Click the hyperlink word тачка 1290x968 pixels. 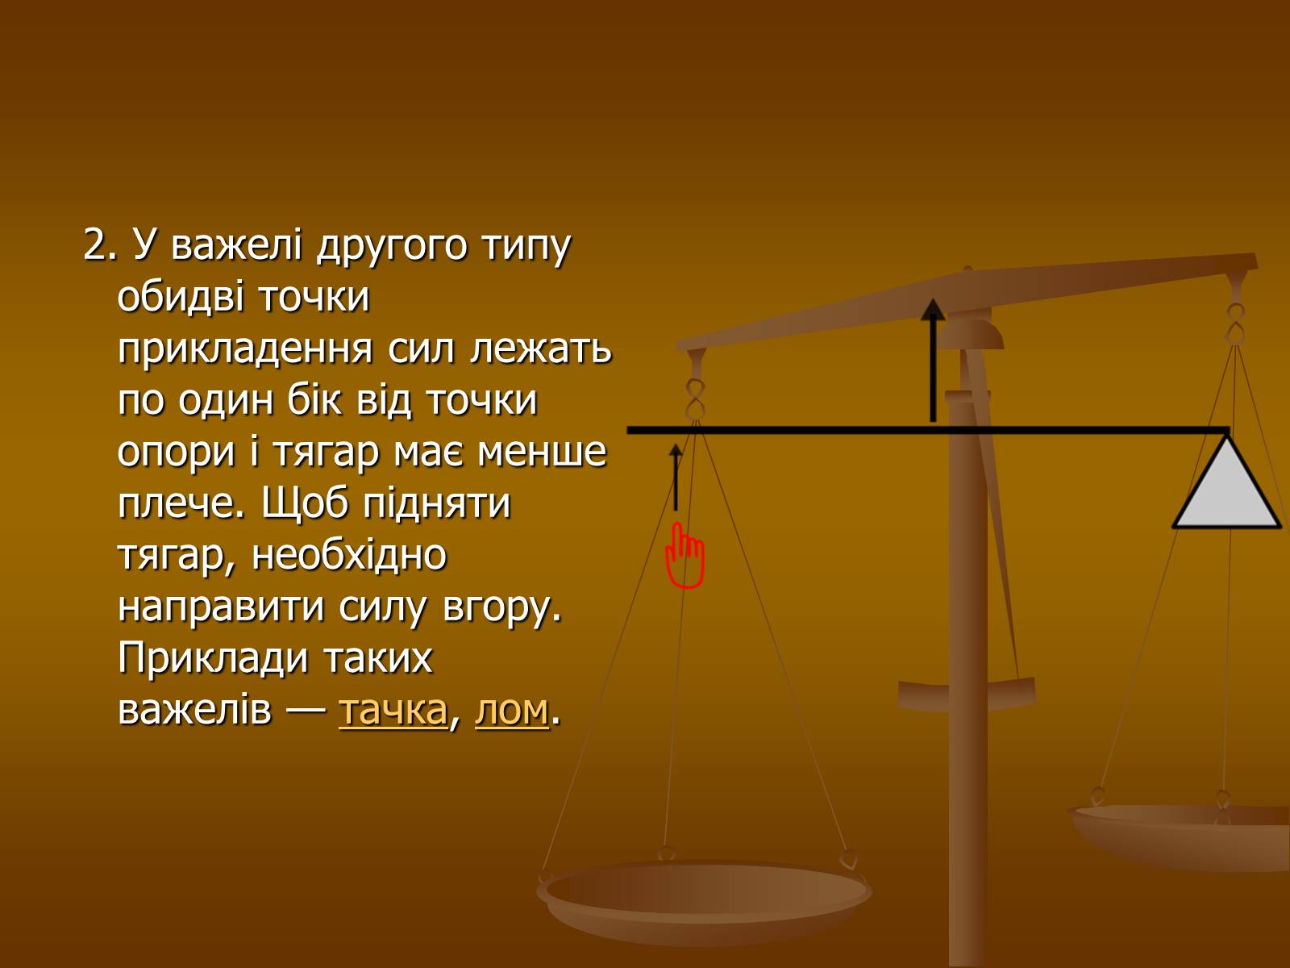[x=393, y=710]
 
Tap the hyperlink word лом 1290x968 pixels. [x=512, y=710]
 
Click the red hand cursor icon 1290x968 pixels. [x=685, y=556]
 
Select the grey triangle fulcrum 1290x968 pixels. [x=1227, y=482]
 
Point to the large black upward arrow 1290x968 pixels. [x=933, y=360]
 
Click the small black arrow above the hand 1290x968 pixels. [x=676, y=478]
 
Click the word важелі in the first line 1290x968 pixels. [x=236, y=244]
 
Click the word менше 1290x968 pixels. [x=541, y=452]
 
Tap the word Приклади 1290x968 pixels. [x=213, y=659]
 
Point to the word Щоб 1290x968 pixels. [x=304, y=504]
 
